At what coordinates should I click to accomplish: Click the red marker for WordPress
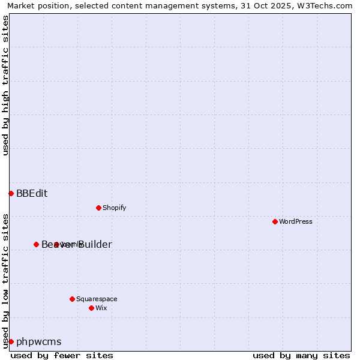pyautogui.click(x=275, y=221)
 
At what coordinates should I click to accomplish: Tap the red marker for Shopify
pyautogui.click(x=98, y=208)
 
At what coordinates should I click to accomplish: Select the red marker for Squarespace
pyautogui.click(x=72, y=299)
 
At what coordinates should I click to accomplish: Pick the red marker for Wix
pyautogui.click(x=91, y=308)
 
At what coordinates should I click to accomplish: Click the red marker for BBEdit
pyautogui.click(x=11, y=193)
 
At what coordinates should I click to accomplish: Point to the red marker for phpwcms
pyautogui.click(x=11, y=341)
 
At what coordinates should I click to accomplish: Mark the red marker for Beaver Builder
pyautogui.click(x=36, y=244)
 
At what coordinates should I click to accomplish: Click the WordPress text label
pyautogui.click(x=296, y=221)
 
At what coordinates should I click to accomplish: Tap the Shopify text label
pyautogui.click(x=114, y=208)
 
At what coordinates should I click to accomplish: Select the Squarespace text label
pyautogui.click(x=97, y=299)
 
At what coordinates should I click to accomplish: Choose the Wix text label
pyautogui.click(x=101, y=308)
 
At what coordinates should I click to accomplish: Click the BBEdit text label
pyautogui.click(x=32, y=193)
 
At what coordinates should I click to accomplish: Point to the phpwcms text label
pyautogui.click(x=38, y=341)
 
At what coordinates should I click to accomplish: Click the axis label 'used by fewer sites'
pyautogui.click(x=62, y=355)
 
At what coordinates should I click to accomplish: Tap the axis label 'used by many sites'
pyautogui.click(x=301, y=355)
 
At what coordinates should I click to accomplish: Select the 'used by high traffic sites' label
pyautogui.click(x=5, y=85)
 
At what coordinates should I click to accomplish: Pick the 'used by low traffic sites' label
pyautogui.click(x=5, y=280)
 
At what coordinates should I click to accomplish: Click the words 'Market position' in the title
pyautogui.click(x=35, y=5)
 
